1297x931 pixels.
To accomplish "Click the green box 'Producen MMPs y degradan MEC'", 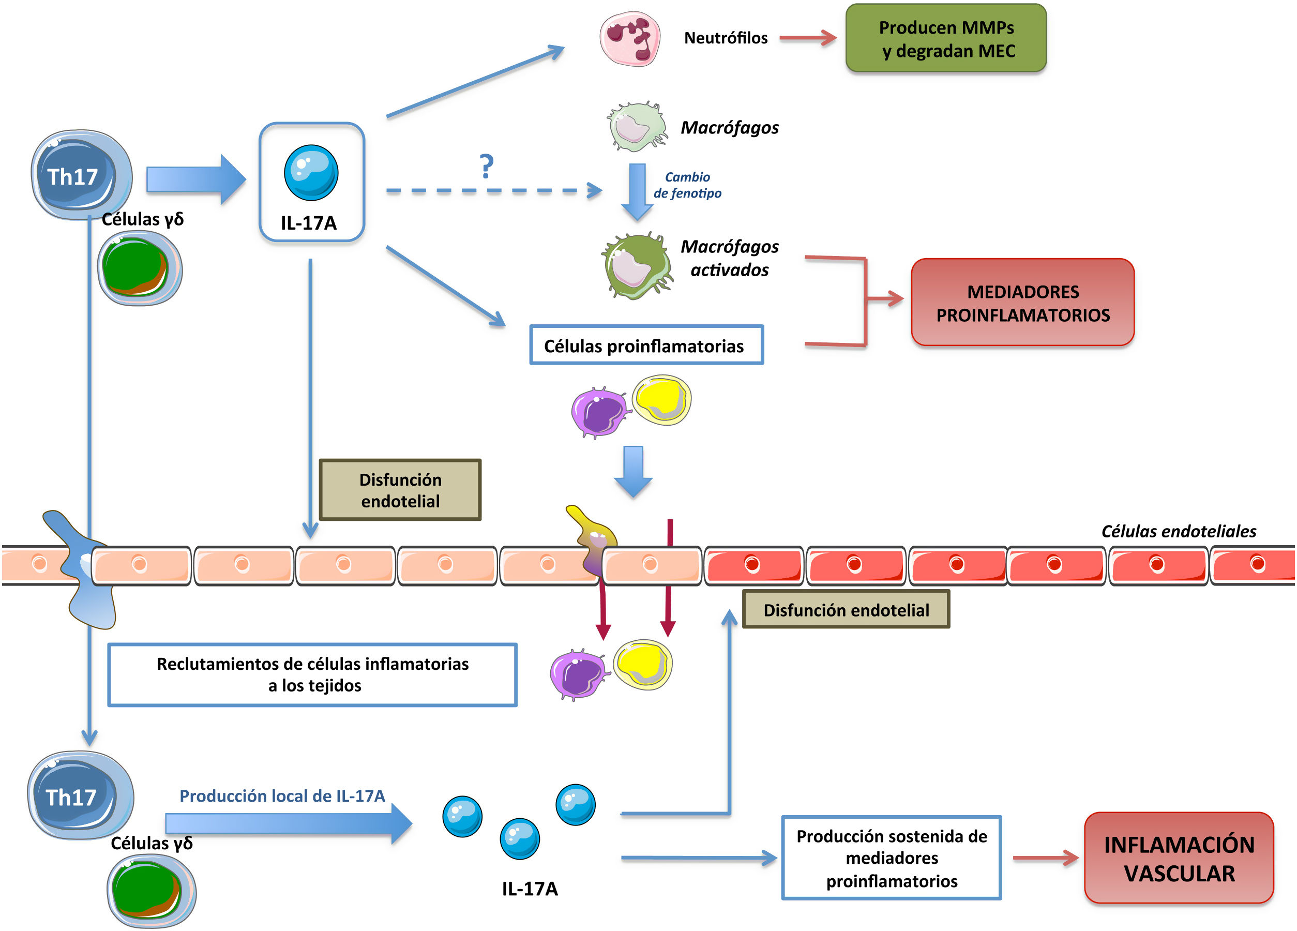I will pos(946,38).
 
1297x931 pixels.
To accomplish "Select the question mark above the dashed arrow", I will pos(486,167).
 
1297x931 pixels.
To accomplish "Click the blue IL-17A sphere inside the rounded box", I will pos(311,172).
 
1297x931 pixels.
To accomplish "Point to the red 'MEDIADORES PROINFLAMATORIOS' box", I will pos(1022,303).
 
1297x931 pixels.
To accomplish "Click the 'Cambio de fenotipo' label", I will pos(687,185).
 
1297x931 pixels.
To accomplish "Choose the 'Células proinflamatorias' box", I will pos(646,345).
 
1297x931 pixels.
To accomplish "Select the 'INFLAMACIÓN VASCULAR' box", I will pos(1179,858).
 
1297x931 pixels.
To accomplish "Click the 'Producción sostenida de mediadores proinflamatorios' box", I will pos(891,858).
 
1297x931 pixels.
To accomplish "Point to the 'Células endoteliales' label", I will pos(1178,531).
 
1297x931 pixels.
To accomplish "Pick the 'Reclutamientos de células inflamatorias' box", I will pos(312,674).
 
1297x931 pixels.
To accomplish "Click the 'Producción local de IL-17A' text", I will pos(282,795).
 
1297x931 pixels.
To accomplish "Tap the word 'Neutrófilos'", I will pos(726,38).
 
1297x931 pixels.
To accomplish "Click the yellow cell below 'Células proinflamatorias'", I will pos(661,399).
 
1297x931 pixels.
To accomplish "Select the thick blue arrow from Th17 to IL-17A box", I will pos(195,179).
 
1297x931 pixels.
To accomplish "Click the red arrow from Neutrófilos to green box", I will pos(807,38).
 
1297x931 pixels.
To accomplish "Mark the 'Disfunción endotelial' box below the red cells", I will pos(846,610).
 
